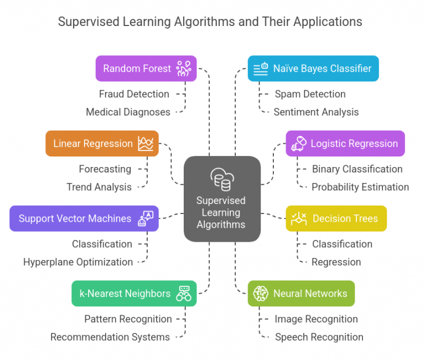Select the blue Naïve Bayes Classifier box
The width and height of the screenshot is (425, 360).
(313, 69)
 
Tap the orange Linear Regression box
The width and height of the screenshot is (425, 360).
(102, 144)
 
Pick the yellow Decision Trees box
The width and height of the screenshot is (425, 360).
(336, 218)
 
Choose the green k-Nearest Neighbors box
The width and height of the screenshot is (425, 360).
(134, 293)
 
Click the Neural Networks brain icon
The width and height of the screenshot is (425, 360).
(261, 294)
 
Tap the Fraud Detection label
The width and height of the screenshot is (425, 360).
(134, 94)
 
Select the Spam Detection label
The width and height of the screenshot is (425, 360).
(310, 94)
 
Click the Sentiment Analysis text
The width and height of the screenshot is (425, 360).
(316, 112)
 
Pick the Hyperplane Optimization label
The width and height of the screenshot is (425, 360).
(78, 262)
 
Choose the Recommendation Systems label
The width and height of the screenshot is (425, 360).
(110, 337)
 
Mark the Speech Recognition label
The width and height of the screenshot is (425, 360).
(319, 337)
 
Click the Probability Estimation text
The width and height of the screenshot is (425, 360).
(360, 187)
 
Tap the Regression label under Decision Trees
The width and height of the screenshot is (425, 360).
(336, 262)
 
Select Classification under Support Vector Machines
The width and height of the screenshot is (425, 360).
(102, 244)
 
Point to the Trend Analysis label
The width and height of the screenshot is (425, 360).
(99, 187)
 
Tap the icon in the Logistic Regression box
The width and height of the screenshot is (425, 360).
(299, 143)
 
